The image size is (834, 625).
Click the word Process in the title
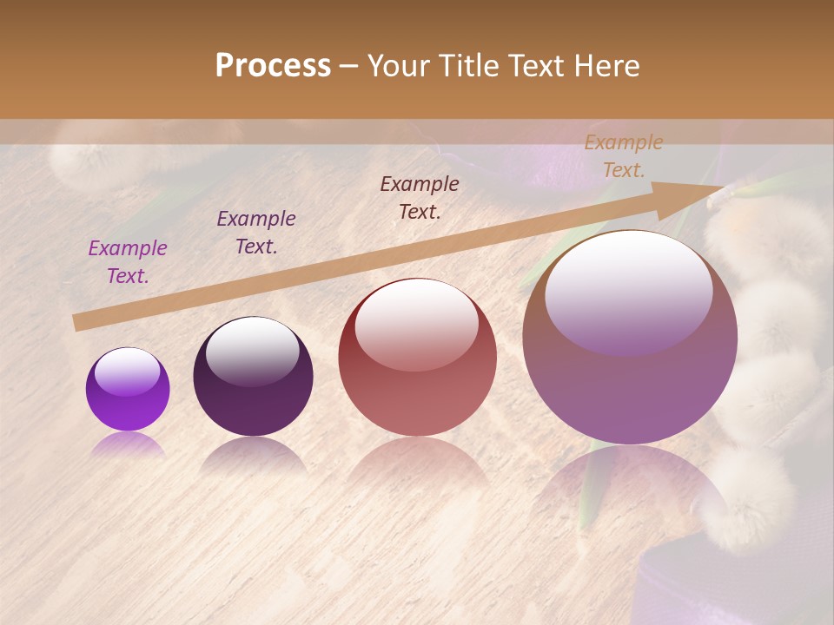273,66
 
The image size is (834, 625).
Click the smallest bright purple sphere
128,390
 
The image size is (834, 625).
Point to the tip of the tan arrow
721,187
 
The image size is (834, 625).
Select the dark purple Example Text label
256,233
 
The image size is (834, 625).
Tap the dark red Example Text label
420,198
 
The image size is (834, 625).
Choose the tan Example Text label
624,156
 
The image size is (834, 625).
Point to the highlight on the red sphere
416,323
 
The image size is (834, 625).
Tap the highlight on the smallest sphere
127,372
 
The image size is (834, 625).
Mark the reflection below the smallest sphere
128,445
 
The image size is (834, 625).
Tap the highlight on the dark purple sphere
252,351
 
